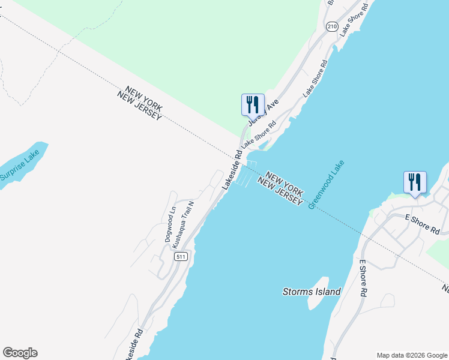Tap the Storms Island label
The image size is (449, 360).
pos(312,292)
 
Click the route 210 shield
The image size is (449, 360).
pos(332,26)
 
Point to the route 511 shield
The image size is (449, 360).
pos(181,256)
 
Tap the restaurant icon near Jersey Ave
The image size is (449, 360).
pos(252,104)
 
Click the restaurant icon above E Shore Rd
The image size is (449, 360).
pos(415,182)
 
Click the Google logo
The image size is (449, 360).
pos(20,353)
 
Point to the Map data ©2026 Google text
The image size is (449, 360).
pos(411,355)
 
